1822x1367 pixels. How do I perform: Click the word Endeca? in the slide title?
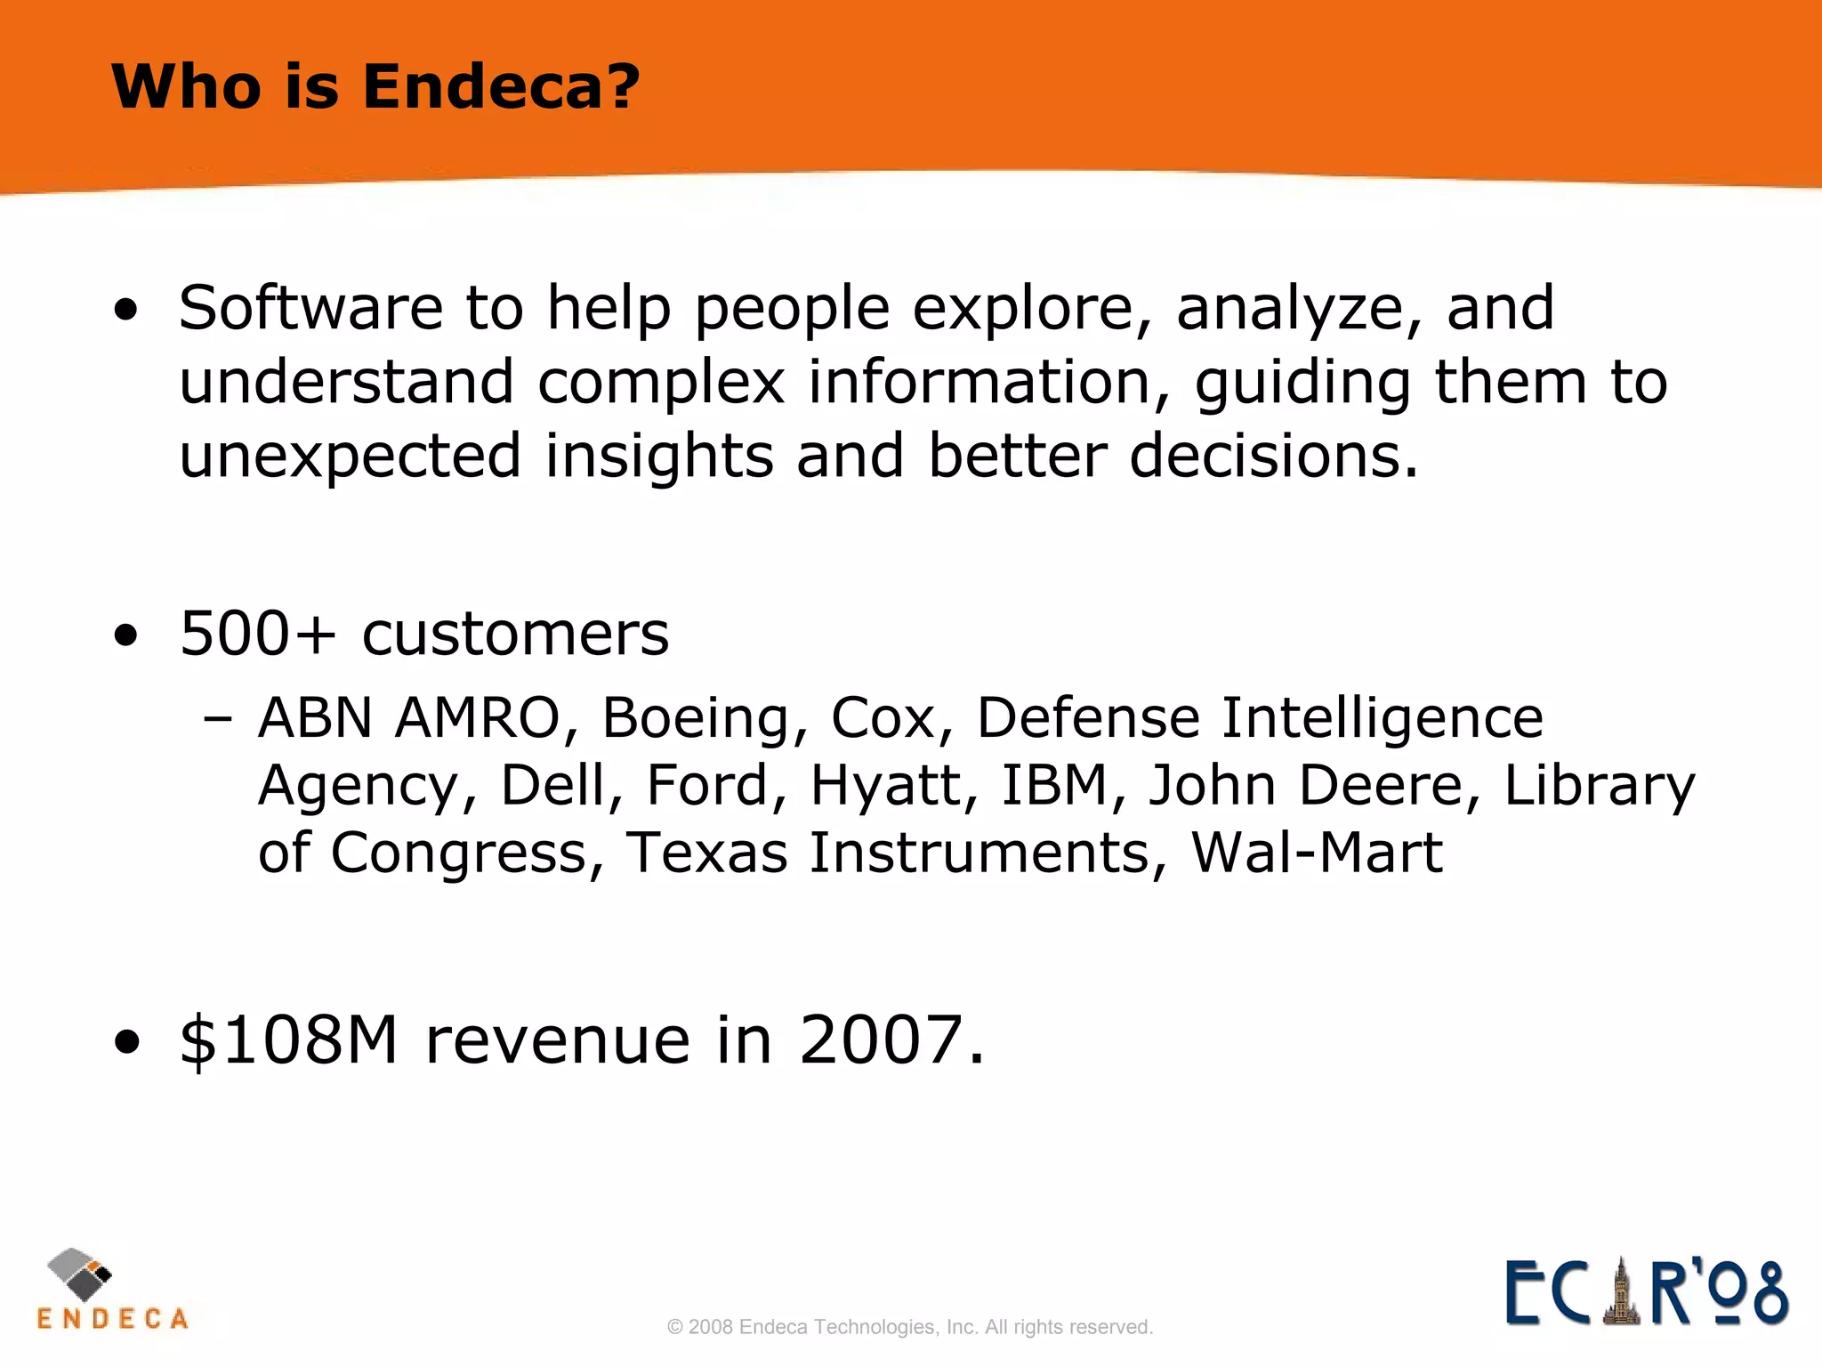500,87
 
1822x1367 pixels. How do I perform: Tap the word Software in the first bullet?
310,308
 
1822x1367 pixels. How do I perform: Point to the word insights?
659,456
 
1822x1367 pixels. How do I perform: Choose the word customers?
515,634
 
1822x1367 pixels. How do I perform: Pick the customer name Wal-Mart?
1317,853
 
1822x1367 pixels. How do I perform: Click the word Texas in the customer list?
706,853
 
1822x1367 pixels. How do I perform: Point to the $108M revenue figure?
288,1039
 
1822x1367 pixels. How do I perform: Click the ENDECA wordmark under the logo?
113,1319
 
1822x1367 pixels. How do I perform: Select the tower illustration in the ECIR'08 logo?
1621,1292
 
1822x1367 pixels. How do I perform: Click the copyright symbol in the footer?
675,1327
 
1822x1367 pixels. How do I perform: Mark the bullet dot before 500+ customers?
126,635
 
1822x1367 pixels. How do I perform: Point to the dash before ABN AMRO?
218,717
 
